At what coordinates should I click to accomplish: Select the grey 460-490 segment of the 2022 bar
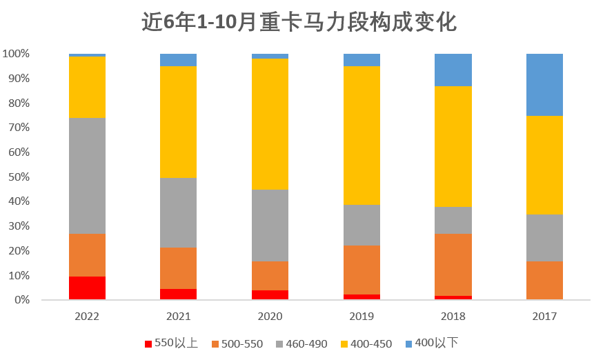click(x=87, y=176)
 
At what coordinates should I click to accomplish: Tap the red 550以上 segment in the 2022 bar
click(x=87, y=288)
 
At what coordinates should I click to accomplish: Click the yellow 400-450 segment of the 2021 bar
click(x=178, y=121)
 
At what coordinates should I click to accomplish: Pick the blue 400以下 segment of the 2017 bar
click(x=544, y=84)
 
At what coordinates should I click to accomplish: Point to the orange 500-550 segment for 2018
click(x=453, y=264)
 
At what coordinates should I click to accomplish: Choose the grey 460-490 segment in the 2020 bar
click(x=270, y=226)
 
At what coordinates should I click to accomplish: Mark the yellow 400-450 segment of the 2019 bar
click(x=362, y=135)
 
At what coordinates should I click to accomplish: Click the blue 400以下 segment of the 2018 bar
click(x=453, y=70)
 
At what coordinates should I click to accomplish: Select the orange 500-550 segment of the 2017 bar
click(x=544, y=280)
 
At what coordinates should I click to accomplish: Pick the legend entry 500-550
click(x=236, y=343)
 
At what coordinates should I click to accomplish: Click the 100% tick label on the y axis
click(x=15, y=54)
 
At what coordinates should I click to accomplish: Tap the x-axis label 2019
click(x=362, y=317)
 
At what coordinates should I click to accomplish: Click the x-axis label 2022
click(x=87, y=317)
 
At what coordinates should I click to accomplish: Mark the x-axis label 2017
click(x=544, y=317)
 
